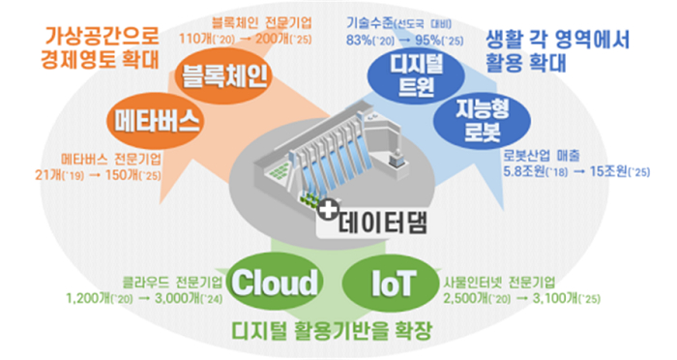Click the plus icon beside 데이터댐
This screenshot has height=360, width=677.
(x=330, y=209)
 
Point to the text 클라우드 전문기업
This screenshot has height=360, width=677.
(x=172, y=283)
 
